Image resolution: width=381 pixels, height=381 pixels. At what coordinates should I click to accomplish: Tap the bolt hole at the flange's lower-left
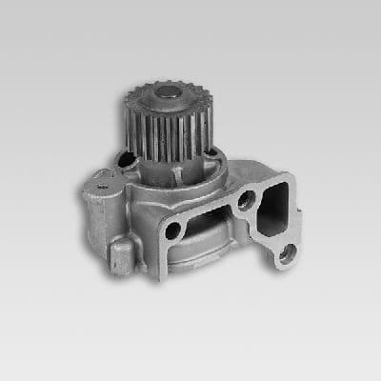tap(171, 231)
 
